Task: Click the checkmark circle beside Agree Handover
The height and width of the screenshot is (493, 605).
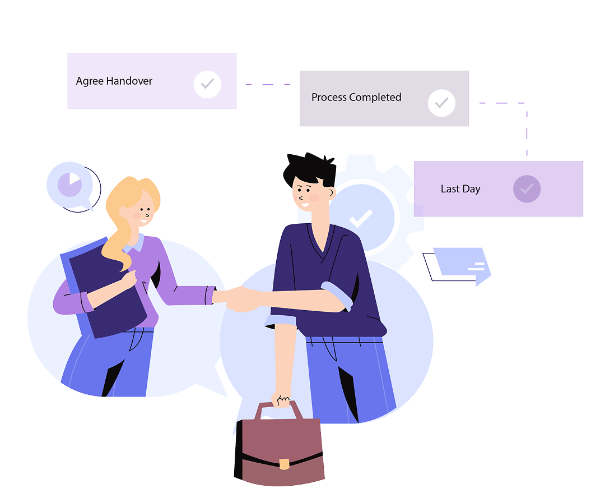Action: [207, 84]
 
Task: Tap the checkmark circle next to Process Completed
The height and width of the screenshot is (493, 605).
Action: [441, 103]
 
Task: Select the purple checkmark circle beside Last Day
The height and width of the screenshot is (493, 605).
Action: [527, 189]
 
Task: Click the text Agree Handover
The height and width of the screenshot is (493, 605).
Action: [114, 81]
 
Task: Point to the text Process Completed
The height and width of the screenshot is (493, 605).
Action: [356, 98]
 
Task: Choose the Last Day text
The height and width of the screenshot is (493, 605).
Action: [460, 189]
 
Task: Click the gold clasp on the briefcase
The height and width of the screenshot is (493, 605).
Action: [284, 464]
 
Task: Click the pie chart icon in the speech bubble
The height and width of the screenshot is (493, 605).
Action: [70, 185]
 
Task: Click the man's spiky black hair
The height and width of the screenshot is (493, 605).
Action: [310, 169]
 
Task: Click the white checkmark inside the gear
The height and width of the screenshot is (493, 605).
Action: [361, 219]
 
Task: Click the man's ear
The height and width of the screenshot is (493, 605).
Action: [331, 192]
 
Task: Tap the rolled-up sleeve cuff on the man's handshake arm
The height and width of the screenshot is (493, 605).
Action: [337, 295]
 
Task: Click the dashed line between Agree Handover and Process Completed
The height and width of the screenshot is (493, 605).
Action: [268, 84]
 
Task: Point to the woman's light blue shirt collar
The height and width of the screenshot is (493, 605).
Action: [135, 243]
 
